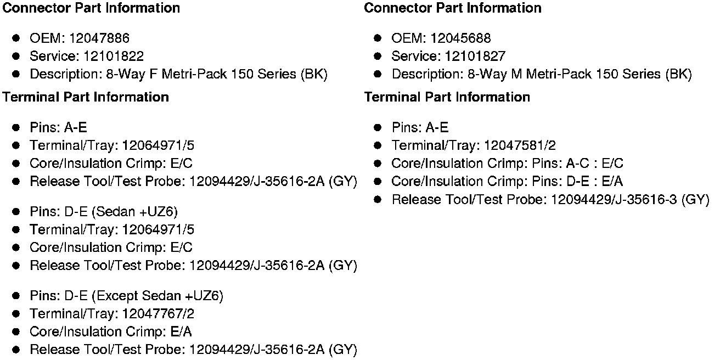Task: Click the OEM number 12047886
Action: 99,38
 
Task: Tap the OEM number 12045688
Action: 460,38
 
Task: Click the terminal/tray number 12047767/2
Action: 159,313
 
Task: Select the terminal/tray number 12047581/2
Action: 520,145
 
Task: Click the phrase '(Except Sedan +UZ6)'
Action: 157,296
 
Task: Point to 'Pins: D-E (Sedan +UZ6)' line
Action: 104,212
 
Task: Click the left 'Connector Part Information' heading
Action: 91,8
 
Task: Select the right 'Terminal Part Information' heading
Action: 447,97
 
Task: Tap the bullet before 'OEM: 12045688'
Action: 378,38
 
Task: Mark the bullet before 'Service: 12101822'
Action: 16,56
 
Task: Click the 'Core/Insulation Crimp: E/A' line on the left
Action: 110,331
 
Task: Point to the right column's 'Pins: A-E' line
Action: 420,128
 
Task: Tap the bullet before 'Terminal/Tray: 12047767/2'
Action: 16,313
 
